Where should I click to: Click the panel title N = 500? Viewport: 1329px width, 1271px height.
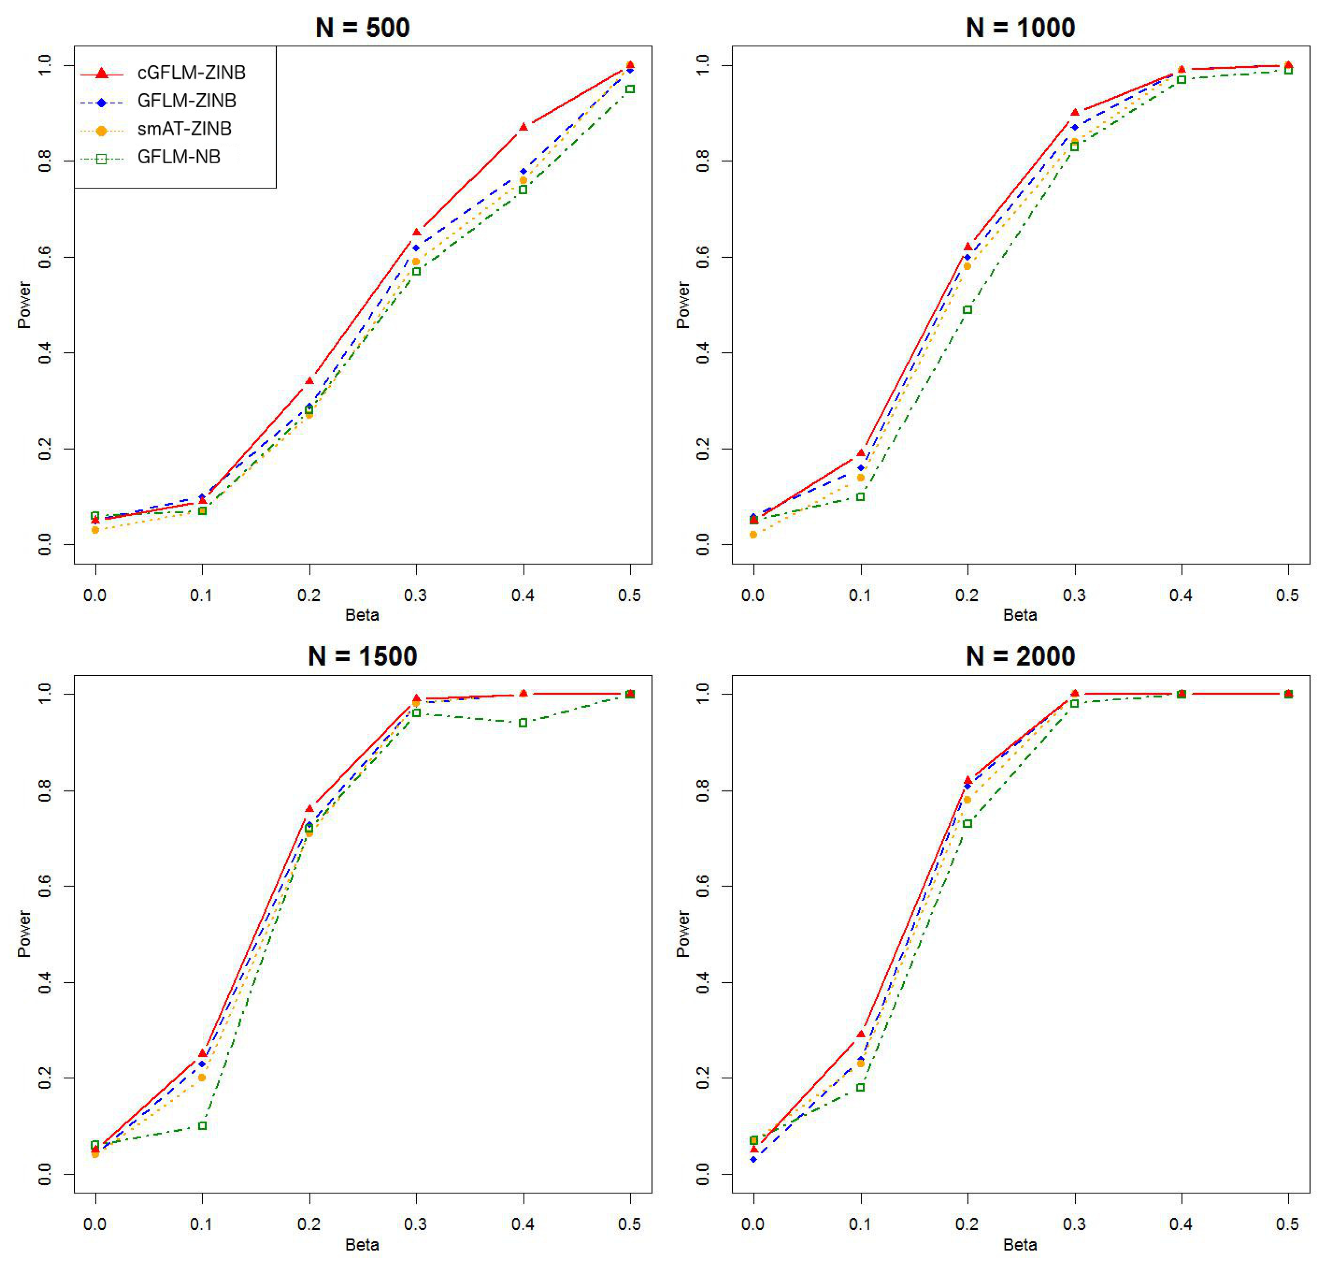click(362, 28)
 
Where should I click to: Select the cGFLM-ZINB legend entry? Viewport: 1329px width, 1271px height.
click(191, 72)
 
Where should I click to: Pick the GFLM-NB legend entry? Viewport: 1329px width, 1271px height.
click(179, 157)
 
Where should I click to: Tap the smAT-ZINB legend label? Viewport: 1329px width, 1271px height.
click(184, 129)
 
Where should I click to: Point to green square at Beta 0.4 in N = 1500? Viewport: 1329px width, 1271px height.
click(523, 723)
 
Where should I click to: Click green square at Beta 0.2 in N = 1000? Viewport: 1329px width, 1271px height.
click(967, 310)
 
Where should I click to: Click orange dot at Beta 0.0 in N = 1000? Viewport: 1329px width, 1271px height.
click(753, 535)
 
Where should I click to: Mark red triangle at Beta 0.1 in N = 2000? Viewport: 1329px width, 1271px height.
click(861, 1035)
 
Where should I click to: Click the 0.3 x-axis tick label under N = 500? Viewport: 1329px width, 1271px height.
click(416, 595)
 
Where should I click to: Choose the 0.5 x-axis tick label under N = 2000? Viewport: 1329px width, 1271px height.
click(1288, 1224)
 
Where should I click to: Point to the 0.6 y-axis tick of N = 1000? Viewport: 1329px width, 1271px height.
click(702, 257)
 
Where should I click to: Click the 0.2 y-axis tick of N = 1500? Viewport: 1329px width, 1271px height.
click(44, 1077)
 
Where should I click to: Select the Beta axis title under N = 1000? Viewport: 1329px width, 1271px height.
click(1020, 615)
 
